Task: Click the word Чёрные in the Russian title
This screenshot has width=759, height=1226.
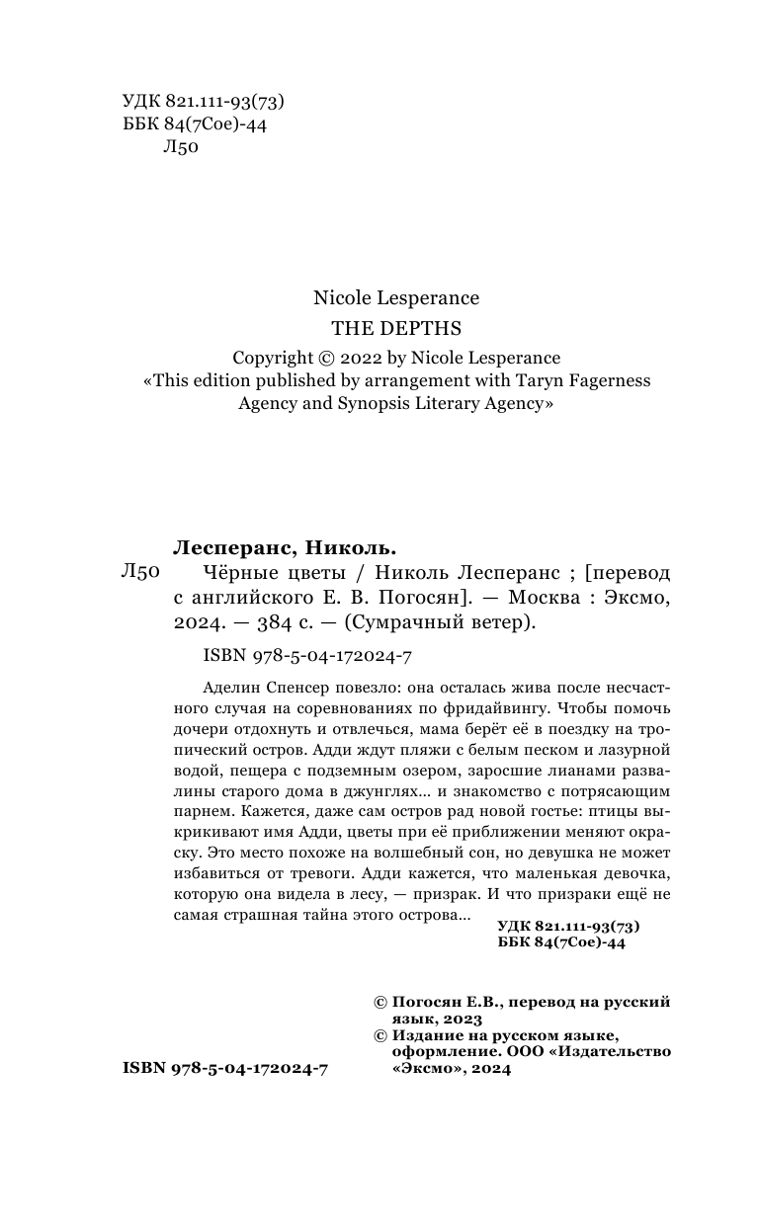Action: (x=226, y=573)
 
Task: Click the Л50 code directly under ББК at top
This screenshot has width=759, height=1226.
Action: (x=179, y=148)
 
